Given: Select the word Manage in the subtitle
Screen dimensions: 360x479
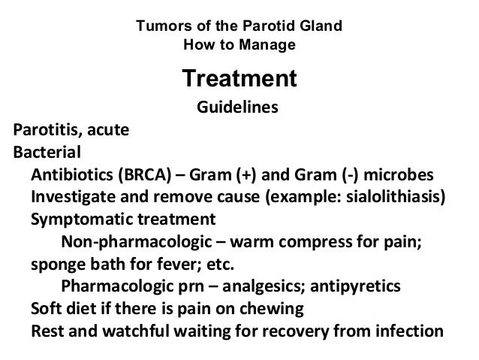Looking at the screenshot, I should coord(271,44).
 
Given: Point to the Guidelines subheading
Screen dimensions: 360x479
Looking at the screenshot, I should coord(237,108).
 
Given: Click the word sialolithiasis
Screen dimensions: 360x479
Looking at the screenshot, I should coord(391,198).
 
